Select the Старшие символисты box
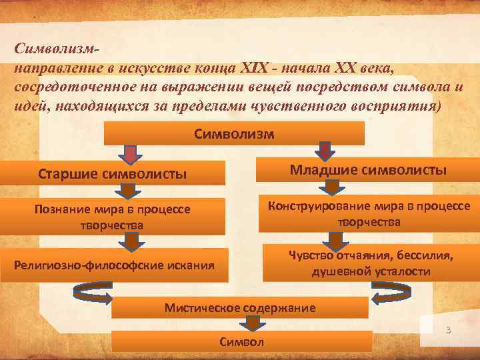tap(111, 175)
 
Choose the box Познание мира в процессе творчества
tap(111, 216)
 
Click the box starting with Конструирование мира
tap(368, 213)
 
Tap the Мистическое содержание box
tap(239, 307)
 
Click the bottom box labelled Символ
tap(241, 341)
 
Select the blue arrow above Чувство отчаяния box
tap(332, 239)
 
